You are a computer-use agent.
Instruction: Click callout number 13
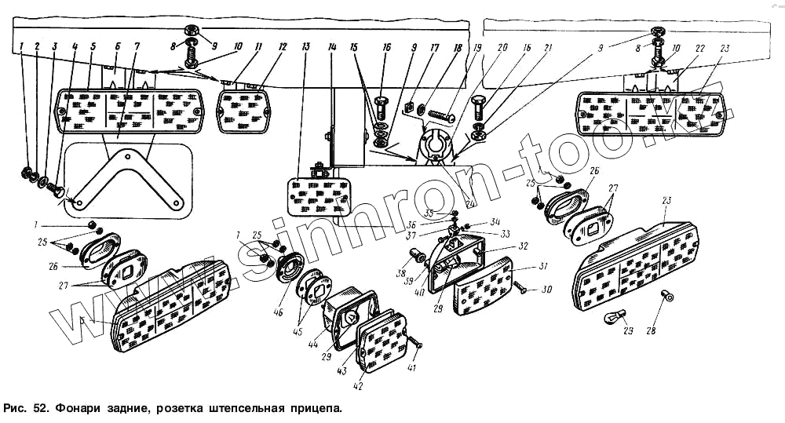tap(305, 47)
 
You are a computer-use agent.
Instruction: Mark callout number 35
tap(429, 213)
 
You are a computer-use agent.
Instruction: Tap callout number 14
tap(333, 47)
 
